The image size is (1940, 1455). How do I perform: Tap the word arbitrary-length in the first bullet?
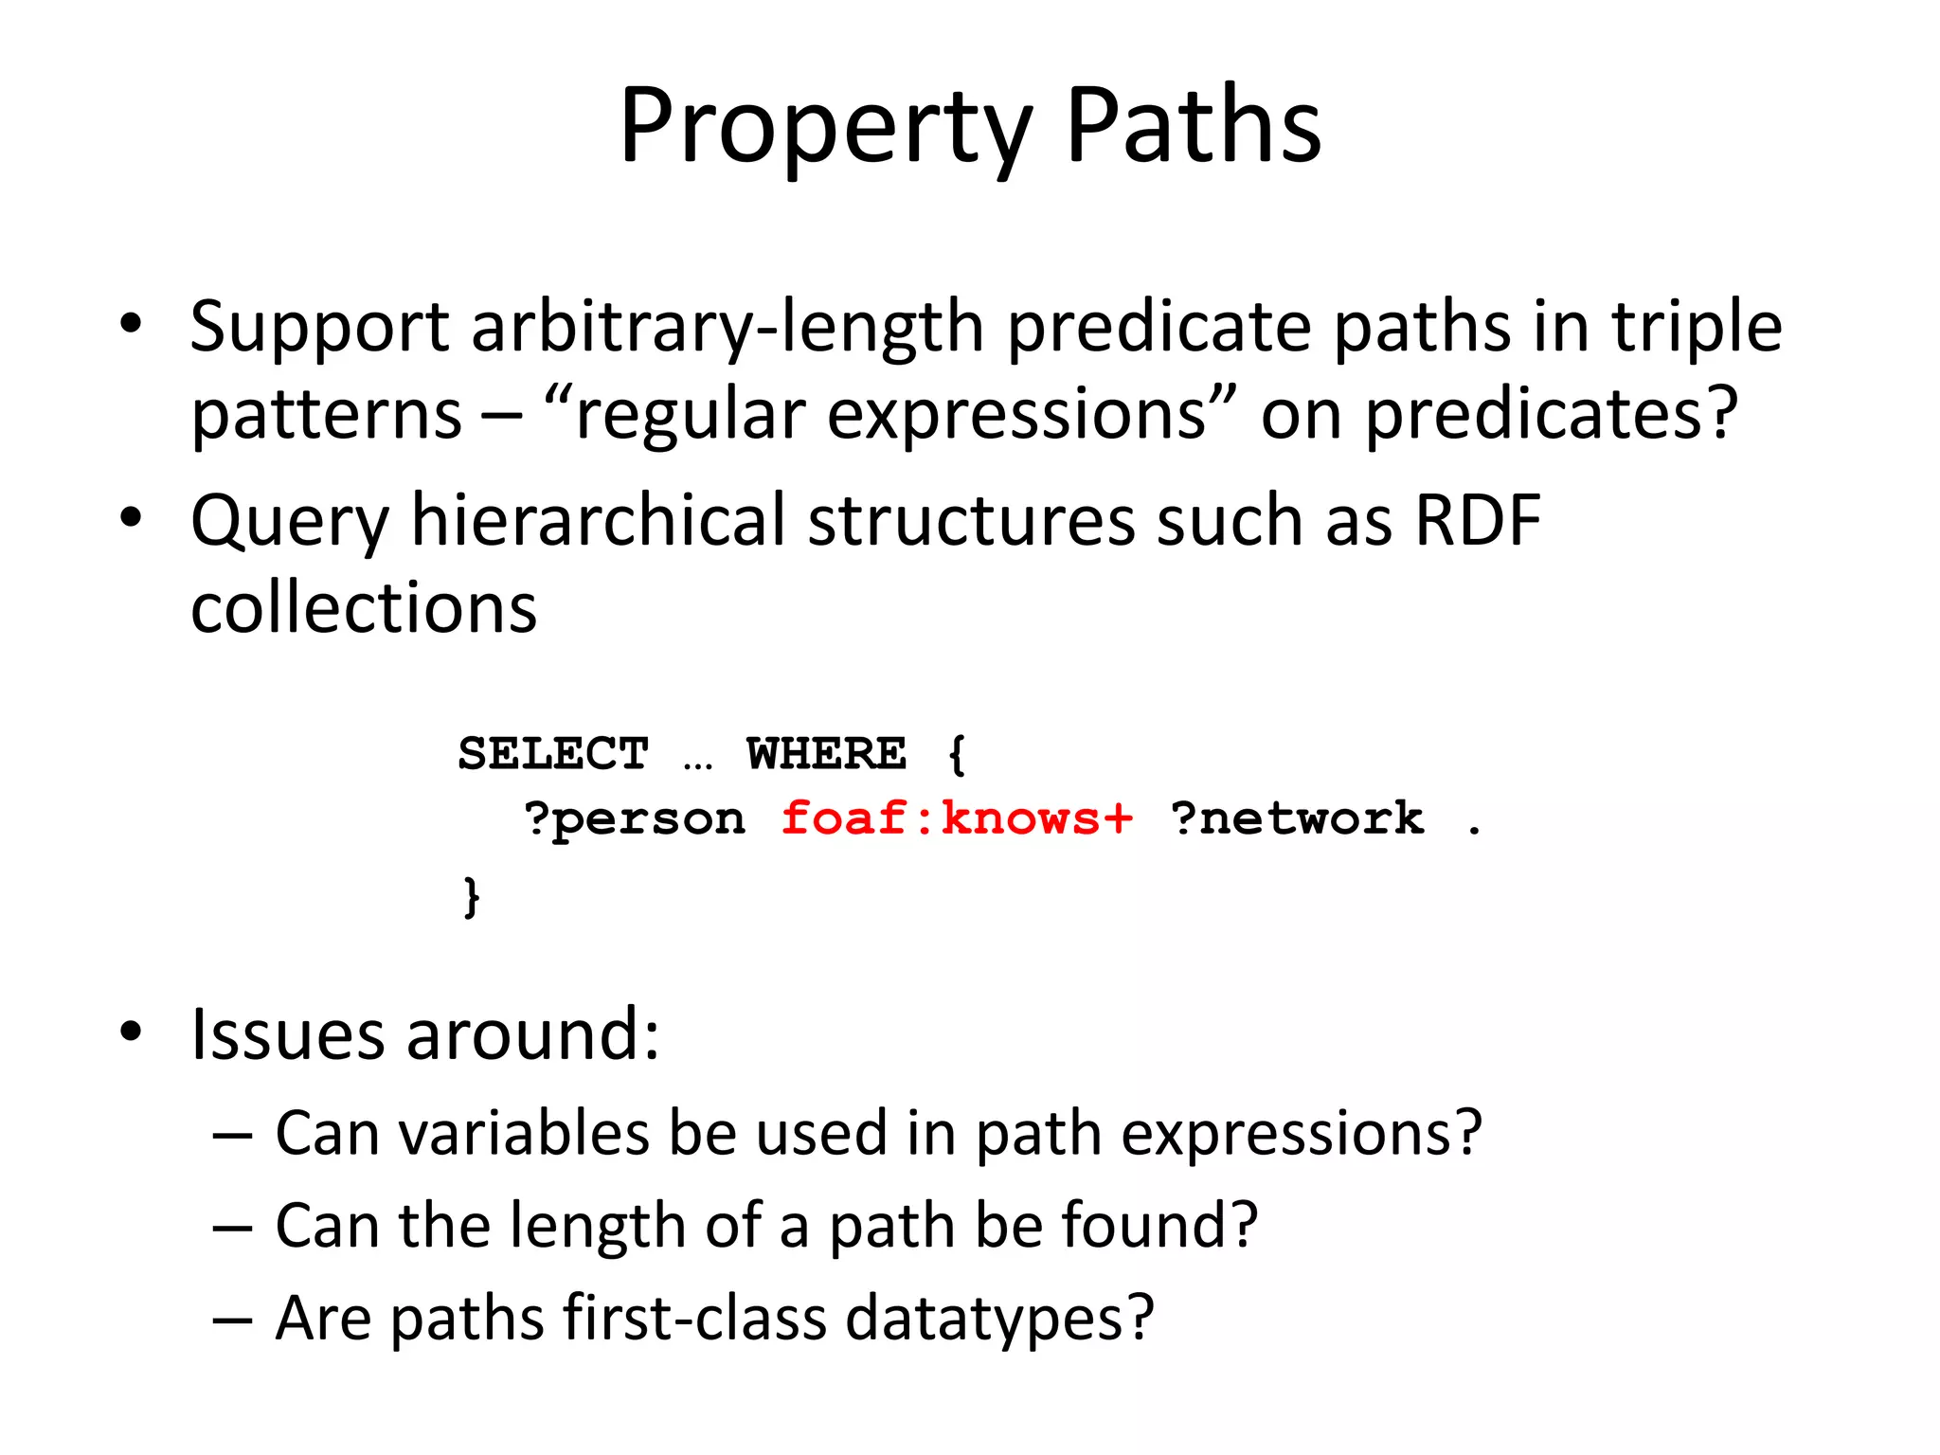point(727,327)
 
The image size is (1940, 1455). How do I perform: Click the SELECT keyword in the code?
point(553,754)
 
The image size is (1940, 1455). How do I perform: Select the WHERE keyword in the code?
point(826,754)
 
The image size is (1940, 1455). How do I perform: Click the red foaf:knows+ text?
point(957,818)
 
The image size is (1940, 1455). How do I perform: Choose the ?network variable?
point(1297,818)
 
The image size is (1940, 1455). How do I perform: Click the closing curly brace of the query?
point(471,895)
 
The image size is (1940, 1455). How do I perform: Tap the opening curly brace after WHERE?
point(957,755)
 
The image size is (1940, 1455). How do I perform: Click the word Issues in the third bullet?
point(287,1034)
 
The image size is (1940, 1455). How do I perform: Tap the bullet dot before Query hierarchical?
point(131,518)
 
